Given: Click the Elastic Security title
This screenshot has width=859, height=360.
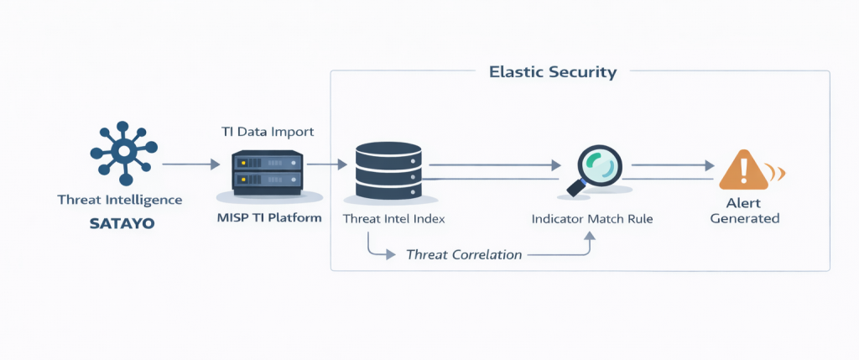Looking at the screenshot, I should coord(553,72).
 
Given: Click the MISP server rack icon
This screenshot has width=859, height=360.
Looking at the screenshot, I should coord(267,171).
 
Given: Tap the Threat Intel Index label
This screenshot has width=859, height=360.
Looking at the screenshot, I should coord(393,219).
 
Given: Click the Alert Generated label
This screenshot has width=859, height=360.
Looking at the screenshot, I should coord(745,211).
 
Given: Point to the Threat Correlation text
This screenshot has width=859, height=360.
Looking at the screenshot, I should coord(464,254).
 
